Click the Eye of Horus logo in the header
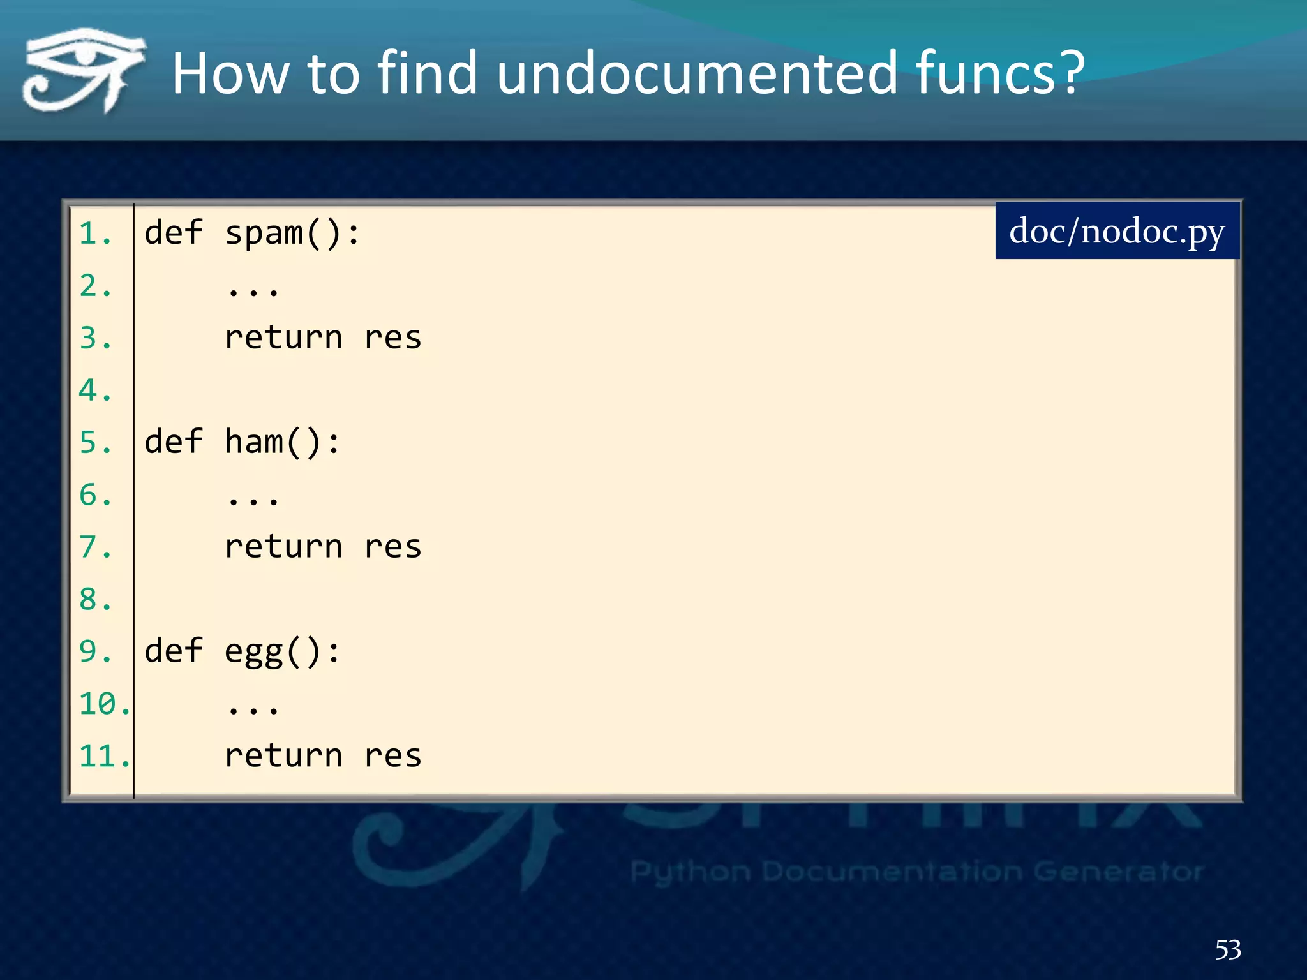(x=83, y=70)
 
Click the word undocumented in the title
(x=696, y=73)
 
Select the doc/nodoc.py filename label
(x=1117, y=231)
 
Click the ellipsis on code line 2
(x=253, y=292)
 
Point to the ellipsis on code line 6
(x=253, y=501)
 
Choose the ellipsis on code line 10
(x=253, y=709)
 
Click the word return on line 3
(x=283, y=338)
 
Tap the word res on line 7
(x=393, y=547)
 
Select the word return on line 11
(x=283, y=757)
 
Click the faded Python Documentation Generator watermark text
(x=916, y=872)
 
